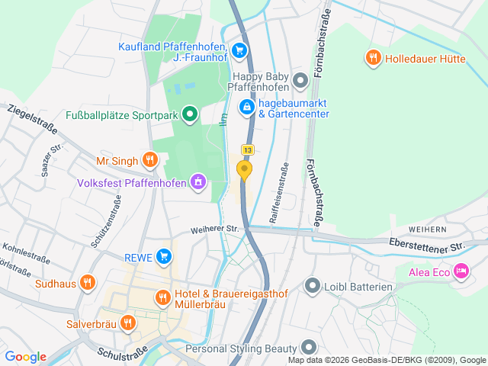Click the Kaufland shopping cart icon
239,51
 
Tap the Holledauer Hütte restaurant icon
373,56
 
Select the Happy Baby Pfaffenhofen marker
300,79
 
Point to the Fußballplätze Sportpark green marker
190,115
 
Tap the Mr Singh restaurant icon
149,160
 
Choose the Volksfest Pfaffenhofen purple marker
198,181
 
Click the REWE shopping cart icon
163,256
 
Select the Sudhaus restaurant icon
88,284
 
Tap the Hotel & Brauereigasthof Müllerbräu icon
162,297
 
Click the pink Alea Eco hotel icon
461,271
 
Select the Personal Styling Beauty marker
308,348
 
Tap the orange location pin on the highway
245,169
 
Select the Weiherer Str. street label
215,229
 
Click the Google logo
25,356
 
